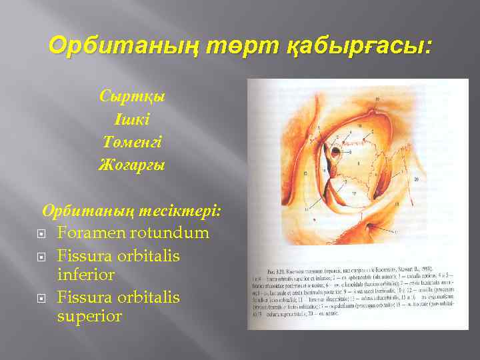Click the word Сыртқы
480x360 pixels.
(x=132, y=95)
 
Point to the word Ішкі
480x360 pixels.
(x=132, y=119)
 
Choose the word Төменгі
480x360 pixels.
(x=132, y=142)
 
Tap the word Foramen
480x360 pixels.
(x=94, y=233)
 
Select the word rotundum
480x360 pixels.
(x=173, y=233)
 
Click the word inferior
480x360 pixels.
(x=86, y=274)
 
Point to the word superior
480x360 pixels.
(x=90, y=315)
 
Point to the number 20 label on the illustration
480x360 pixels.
(x=415, y=179)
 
